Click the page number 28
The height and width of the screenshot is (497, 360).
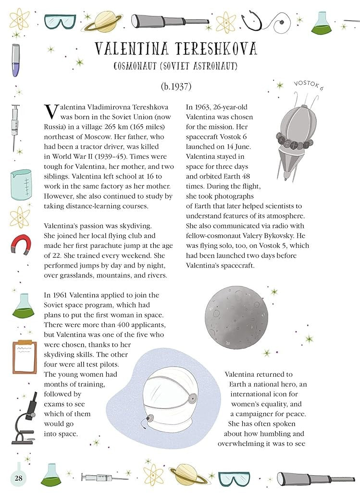[19, 478]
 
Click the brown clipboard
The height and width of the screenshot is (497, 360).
[24, 357]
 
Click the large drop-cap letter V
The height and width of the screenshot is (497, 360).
[50, 112]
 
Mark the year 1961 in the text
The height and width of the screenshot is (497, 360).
[62, 295]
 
